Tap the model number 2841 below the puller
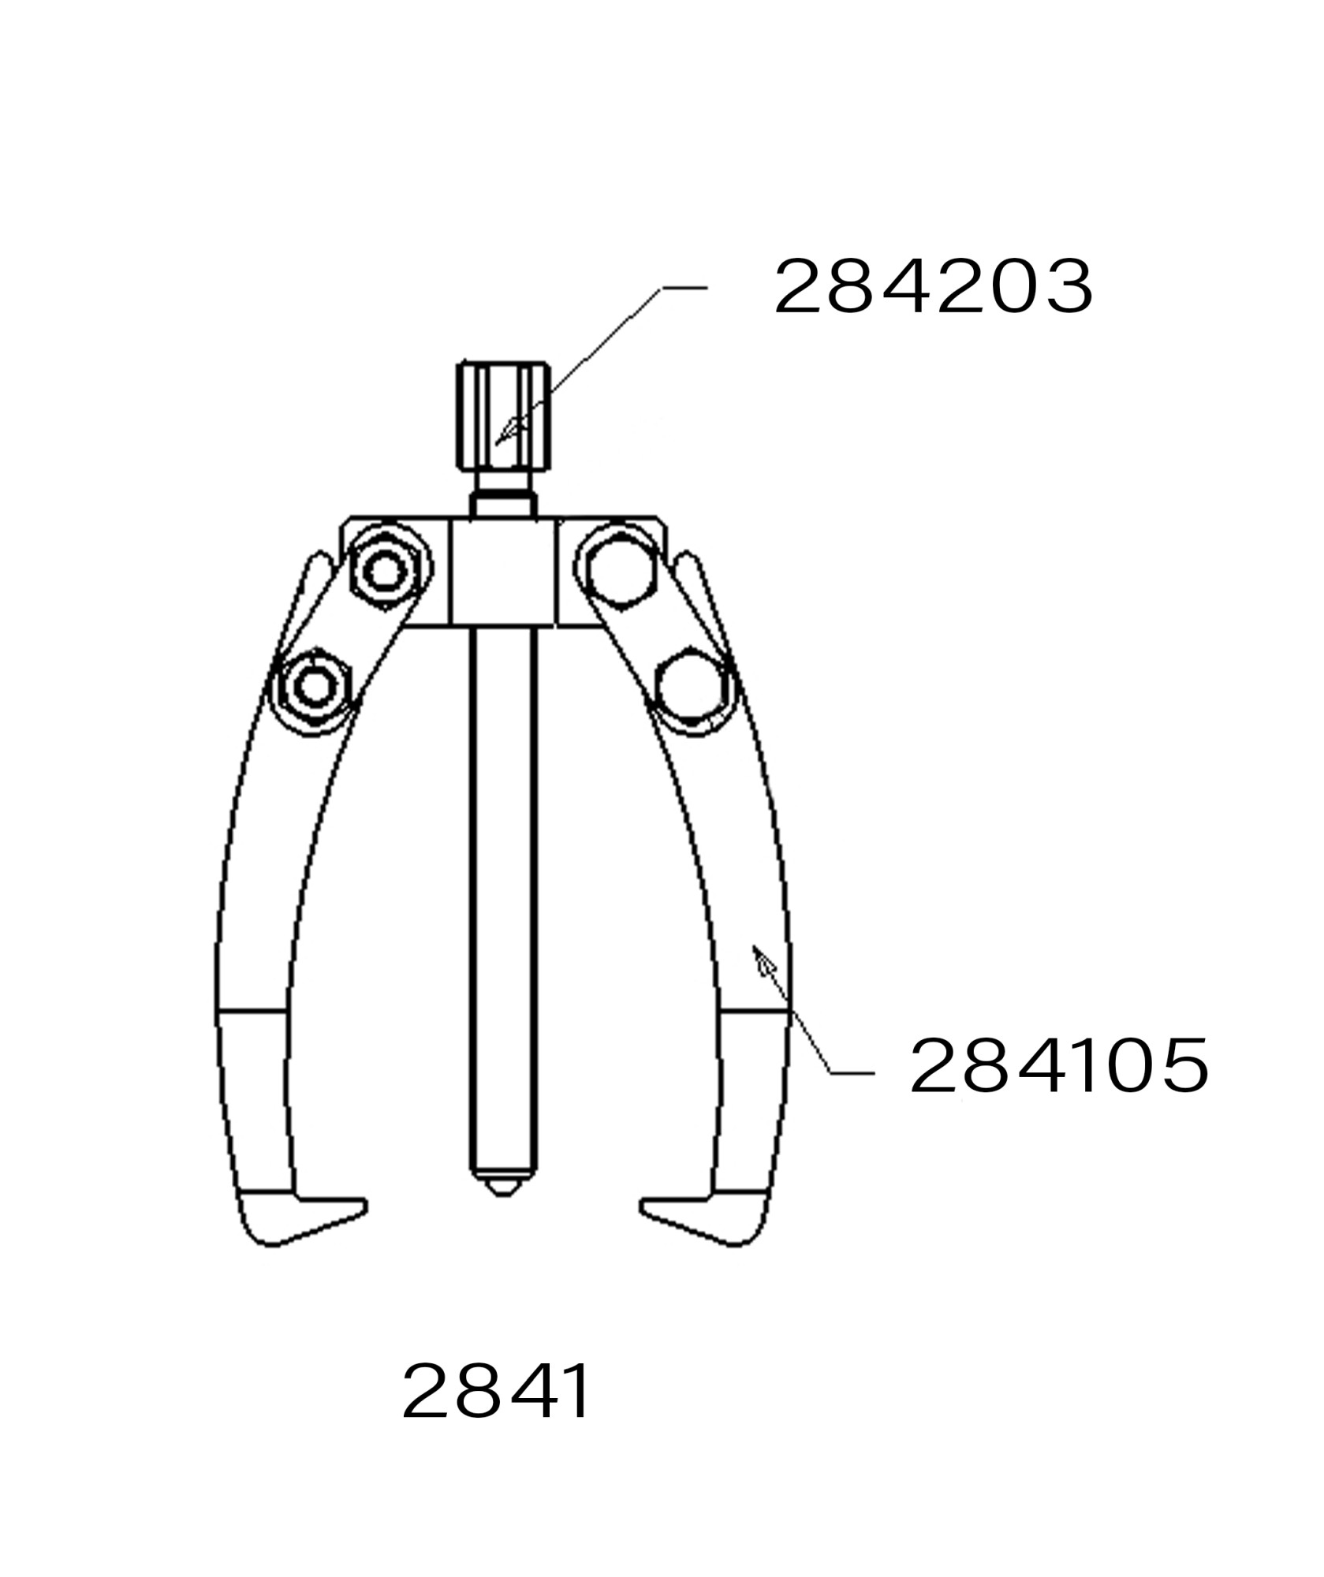coord(496,1392)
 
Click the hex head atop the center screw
coord(503,415)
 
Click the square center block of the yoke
coord(503,571)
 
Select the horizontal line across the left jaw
coord(251,1009)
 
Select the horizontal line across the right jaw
coord(755,1009)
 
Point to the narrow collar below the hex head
coord(503,501)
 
